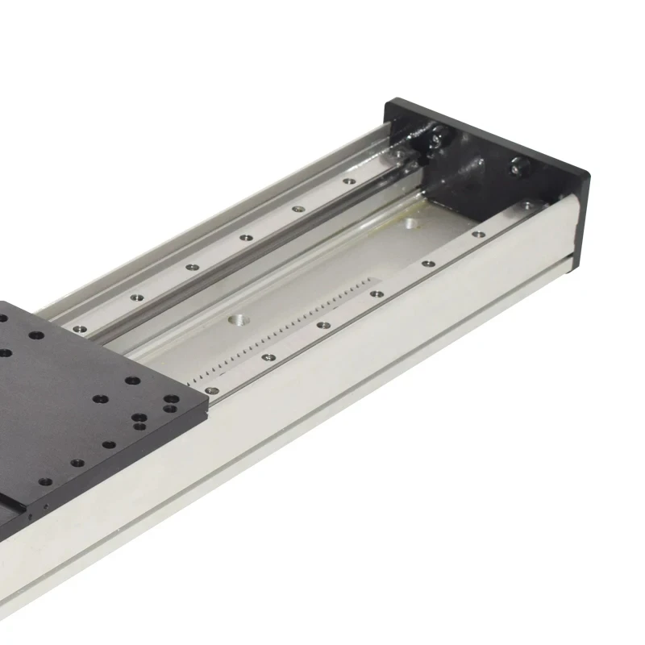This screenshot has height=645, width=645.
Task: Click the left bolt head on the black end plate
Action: coord(436,139)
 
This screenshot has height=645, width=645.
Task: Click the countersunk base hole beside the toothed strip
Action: coord(238,320)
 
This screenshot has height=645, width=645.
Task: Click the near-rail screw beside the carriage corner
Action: coord(212,390)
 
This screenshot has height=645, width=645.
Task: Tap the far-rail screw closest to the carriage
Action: coord(80,329)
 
